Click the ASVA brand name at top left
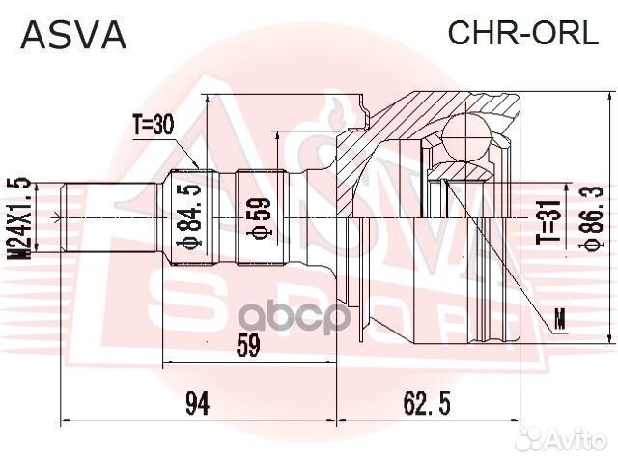(73, 35)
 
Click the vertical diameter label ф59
(260, 218)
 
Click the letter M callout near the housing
(560, 313)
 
